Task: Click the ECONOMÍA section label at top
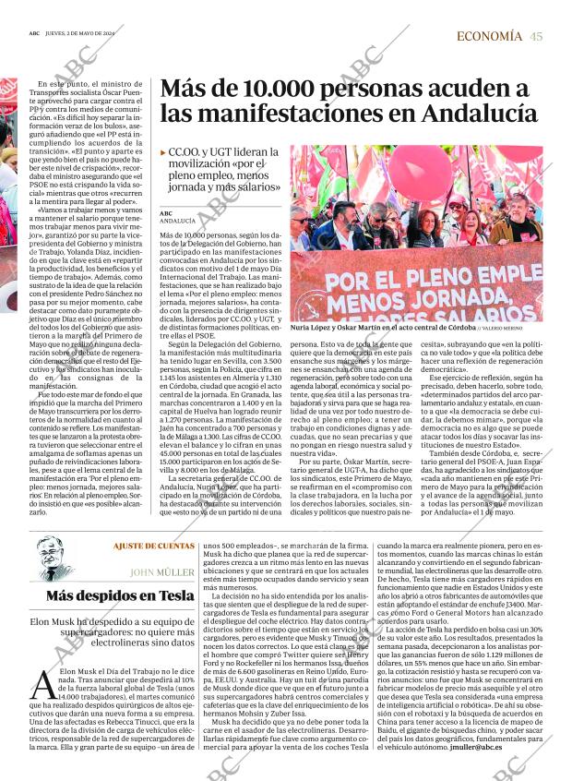(x=490, y=37)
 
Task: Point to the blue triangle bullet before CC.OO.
(x=163, y=151)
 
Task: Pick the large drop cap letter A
(x=42, y=686)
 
